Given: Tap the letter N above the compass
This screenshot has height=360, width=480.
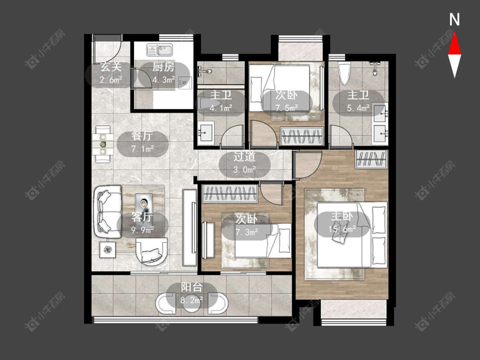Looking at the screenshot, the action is [454, 20].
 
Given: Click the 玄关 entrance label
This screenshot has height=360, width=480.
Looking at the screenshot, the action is [111, 67].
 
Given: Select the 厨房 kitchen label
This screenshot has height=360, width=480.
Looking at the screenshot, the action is [164, 67].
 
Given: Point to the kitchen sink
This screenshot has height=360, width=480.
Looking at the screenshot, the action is [160, 49].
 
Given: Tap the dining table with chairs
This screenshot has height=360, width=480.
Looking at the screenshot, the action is [103, 144].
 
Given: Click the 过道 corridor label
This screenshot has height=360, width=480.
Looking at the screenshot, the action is [244, 157].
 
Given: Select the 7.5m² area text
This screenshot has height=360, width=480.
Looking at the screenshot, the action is [287, 108].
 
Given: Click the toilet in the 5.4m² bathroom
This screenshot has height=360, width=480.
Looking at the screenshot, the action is [344, 73].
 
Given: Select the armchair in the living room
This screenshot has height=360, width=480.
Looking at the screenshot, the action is [152, 251].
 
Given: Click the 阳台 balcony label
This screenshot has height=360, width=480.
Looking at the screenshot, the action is [192, 287].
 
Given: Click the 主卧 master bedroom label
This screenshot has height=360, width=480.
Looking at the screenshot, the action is [342, 216].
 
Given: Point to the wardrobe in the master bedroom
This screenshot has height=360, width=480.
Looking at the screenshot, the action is [371, 159].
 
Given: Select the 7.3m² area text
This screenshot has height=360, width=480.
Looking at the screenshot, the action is [247, 232].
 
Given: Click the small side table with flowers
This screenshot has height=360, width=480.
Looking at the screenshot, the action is [108, 250].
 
